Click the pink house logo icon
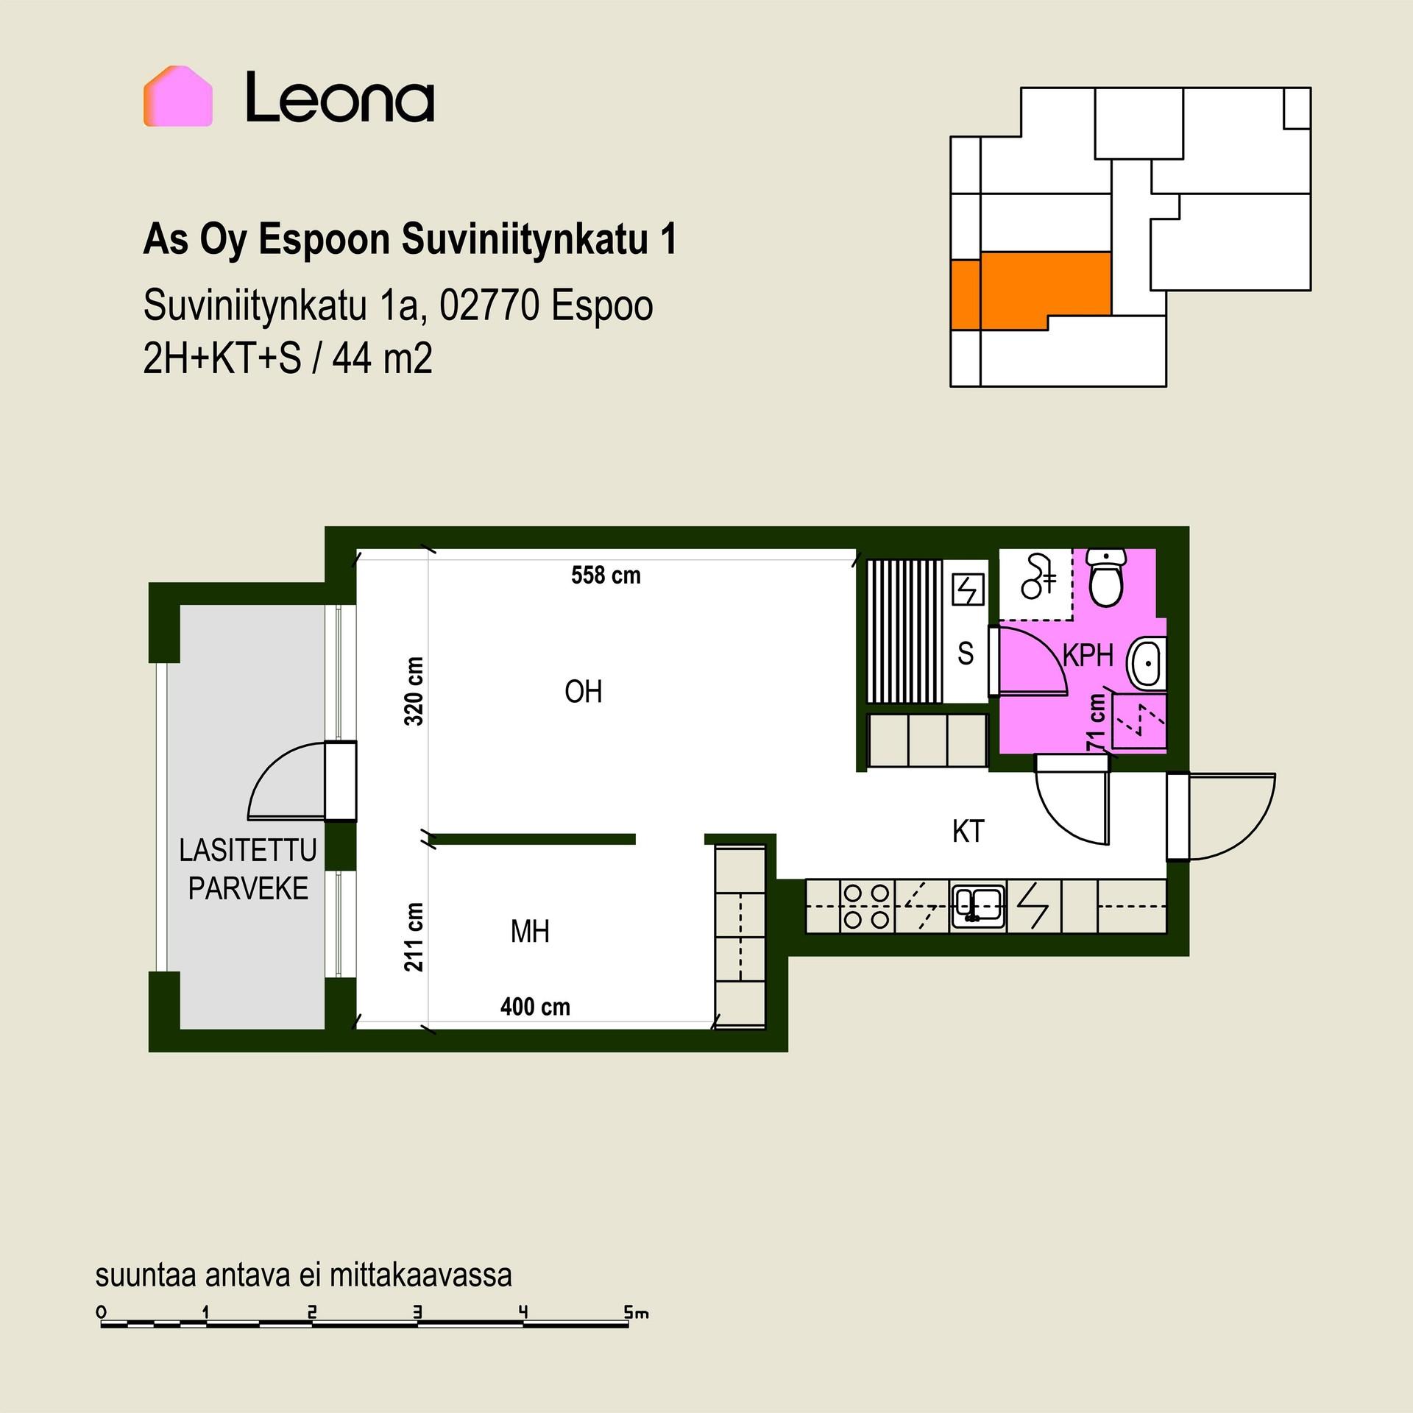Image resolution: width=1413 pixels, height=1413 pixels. point(178,96)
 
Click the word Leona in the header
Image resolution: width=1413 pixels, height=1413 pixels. point(340,96)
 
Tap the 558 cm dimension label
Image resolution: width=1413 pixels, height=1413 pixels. point(606,576)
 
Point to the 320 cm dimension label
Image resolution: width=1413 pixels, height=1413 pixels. point(414,691)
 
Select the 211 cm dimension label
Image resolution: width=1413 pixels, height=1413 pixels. point(414,937)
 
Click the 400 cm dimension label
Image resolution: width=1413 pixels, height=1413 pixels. point(535,1007)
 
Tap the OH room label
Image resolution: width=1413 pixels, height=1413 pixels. point(584,692)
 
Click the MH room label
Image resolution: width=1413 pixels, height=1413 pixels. point(530,932)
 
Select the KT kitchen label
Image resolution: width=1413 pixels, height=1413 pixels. point(968,832)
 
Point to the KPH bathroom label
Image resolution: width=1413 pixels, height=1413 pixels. point(1088,655)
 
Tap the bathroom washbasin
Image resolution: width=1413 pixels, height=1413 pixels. point(1147,665)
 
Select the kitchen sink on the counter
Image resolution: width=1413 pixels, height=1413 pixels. point(978,904)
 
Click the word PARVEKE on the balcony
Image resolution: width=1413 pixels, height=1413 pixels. point(248,889)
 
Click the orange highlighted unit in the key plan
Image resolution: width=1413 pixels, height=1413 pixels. point(1030,290)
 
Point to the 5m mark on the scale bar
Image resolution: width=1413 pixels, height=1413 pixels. point(637,1313)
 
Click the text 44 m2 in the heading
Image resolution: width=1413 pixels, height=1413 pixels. point(382,360)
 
